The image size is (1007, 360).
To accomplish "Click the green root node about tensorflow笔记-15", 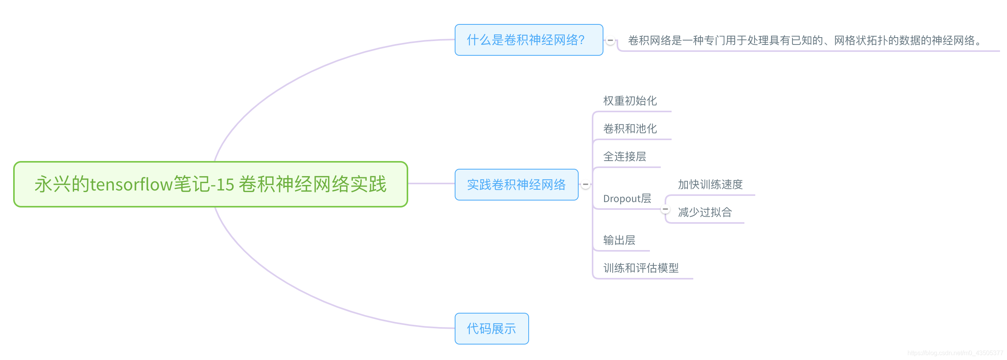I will click(x=210, y=184).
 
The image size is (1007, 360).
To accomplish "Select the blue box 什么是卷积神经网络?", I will click(x=529, y=40).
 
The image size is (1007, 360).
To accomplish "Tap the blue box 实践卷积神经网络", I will click(x=516, y=185).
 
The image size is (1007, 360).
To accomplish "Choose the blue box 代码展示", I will click(x=491, y=328).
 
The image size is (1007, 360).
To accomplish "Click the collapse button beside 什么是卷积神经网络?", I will click(x=610, y=40).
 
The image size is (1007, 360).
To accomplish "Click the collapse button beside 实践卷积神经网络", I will click(x=585, y=185).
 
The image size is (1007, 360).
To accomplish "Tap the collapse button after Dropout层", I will click(x=665, y=209).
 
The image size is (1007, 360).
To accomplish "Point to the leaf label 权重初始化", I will click(x=630, y=101).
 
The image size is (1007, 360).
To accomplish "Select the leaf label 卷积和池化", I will click(x=630, y=129).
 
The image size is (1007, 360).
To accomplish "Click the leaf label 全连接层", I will click(x=624, y=156).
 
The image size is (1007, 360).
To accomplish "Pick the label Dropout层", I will click(x=627, y=199).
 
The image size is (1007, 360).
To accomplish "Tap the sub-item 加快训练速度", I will click(x=710, y=184).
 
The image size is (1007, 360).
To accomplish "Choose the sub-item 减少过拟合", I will click(x=705, y=212).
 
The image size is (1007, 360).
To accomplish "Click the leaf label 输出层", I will click(x=619, y=240).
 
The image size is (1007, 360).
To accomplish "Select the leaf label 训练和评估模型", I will click(x=641, y=268).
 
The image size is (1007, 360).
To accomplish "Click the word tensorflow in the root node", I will click(x=131, y=185).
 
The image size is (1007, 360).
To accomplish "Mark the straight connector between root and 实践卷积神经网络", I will click(x=431, y=183).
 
